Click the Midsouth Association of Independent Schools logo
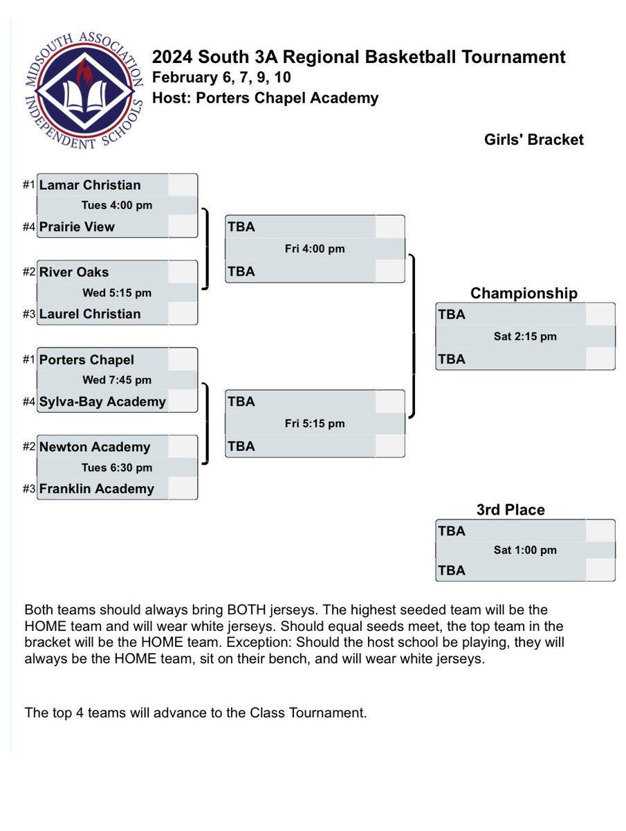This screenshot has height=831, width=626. point(84,91)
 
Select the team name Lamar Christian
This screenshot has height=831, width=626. point(90,185)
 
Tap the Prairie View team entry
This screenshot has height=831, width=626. point(77,226)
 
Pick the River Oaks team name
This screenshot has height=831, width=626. point(74,272)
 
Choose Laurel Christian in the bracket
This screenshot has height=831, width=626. point(90,314)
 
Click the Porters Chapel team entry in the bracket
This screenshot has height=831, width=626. point(86,359)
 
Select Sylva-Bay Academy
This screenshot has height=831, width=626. point(102,401)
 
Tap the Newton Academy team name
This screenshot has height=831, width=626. point(95,447)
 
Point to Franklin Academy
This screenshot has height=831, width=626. point(96,488)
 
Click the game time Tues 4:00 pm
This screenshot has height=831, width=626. point(117,205)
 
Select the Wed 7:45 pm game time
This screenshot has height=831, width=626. point(117,380)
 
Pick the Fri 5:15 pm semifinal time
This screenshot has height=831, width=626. point(315,423)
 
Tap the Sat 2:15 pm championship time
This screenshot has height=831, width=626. point(525,336)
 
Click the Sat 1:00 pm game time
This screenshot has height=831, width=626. point(525,550)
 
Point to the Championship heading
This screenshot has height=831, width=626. point(524,294)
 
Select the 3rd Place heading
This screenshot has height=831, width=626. point(510,510)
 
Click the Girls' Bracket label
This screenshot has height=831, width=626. point(534,140)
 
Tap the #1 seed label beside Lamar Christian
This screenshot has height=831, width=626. point(29,184)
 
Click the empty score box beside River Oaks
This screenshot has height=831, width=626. point(183,272)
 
